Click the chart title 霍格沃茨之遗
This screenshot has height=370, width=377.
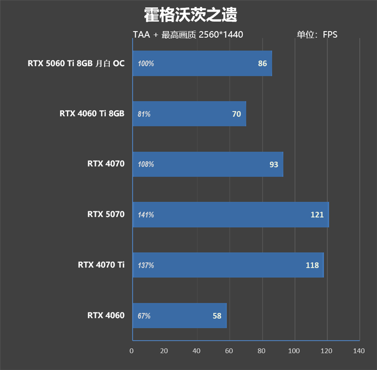point(190,15)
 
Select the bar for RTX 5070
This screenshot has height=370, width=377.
point(230,215)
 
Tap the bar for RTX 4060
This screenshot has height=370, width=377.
point(179,316)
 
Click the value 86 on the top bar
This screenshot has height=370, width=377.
point(262,64)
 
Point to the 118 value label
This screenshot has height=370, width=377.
point(312,265)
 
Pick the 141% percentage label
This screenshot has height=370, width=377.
point(146,215)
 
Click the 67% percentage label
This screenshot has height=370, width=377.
point(144,316)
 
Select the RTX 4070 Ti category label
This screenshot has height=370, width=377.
point(101,265)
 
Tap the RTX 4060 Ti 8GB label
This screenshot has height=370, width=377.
point(92,113)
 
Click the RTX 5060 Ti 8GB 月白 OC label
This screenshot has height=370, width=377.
point(76,63)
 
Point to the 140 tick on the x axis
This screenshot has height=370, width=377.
point(359,351)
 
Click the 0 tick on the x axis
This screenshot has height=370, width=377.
point(131,351)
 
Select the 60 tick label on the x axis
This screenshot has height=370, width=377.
point(229,351)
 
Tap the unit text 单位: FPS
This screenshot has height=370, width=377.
point(317,34)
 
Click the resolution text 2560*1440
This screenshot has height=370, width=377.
point(221,34)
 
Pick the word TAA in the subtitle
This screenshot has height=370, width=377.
point(141,34)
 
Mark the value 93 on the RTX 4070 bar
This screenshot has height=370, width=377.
point(273,165)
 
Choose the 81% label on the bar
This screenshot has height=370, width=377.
point(144,114)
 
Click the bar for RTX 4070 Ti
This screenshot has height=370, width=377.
point(228,265)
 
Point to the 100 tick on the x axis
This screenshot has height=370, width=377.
point(294,351)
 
